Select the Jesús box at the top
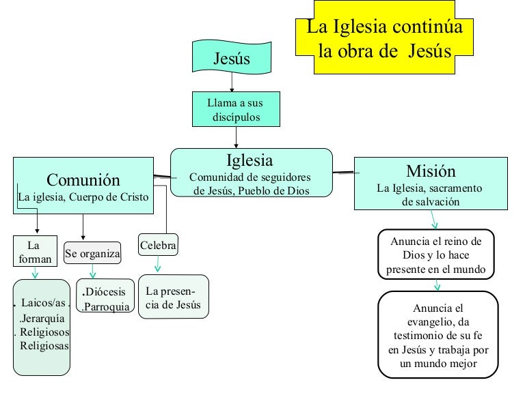click(232, 59)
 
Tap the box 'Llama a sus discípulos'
click(235, 110)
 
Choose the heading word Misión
click(431, 171)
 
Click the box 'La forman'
click(32, 252)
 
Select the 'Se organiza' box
click(92, 254)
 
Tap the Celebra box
click(158, 246)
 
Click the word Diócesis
click(106, 292)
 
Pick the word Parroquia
click(106, 306)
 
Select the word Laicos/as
click(42, 303)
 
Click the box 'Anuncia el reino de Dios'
click(435, 255)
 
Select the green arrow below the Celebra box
click(158, 265)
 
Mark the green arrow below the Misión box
click(435, 219)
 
